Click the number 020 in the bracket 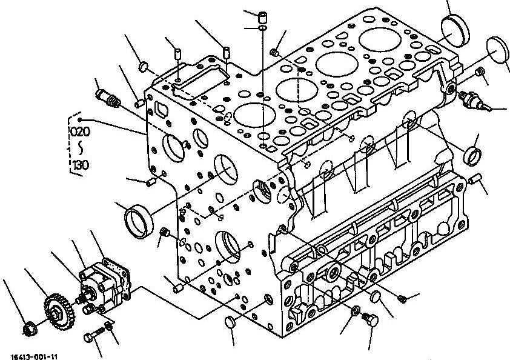[x=80, y=131]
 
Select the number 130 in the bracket [x=80, y=165]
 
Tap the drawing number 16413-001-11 [x=38, y=356]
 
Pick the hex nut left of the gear [x=29, y=329]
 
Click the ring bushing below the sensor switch [x=472, y=155]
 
